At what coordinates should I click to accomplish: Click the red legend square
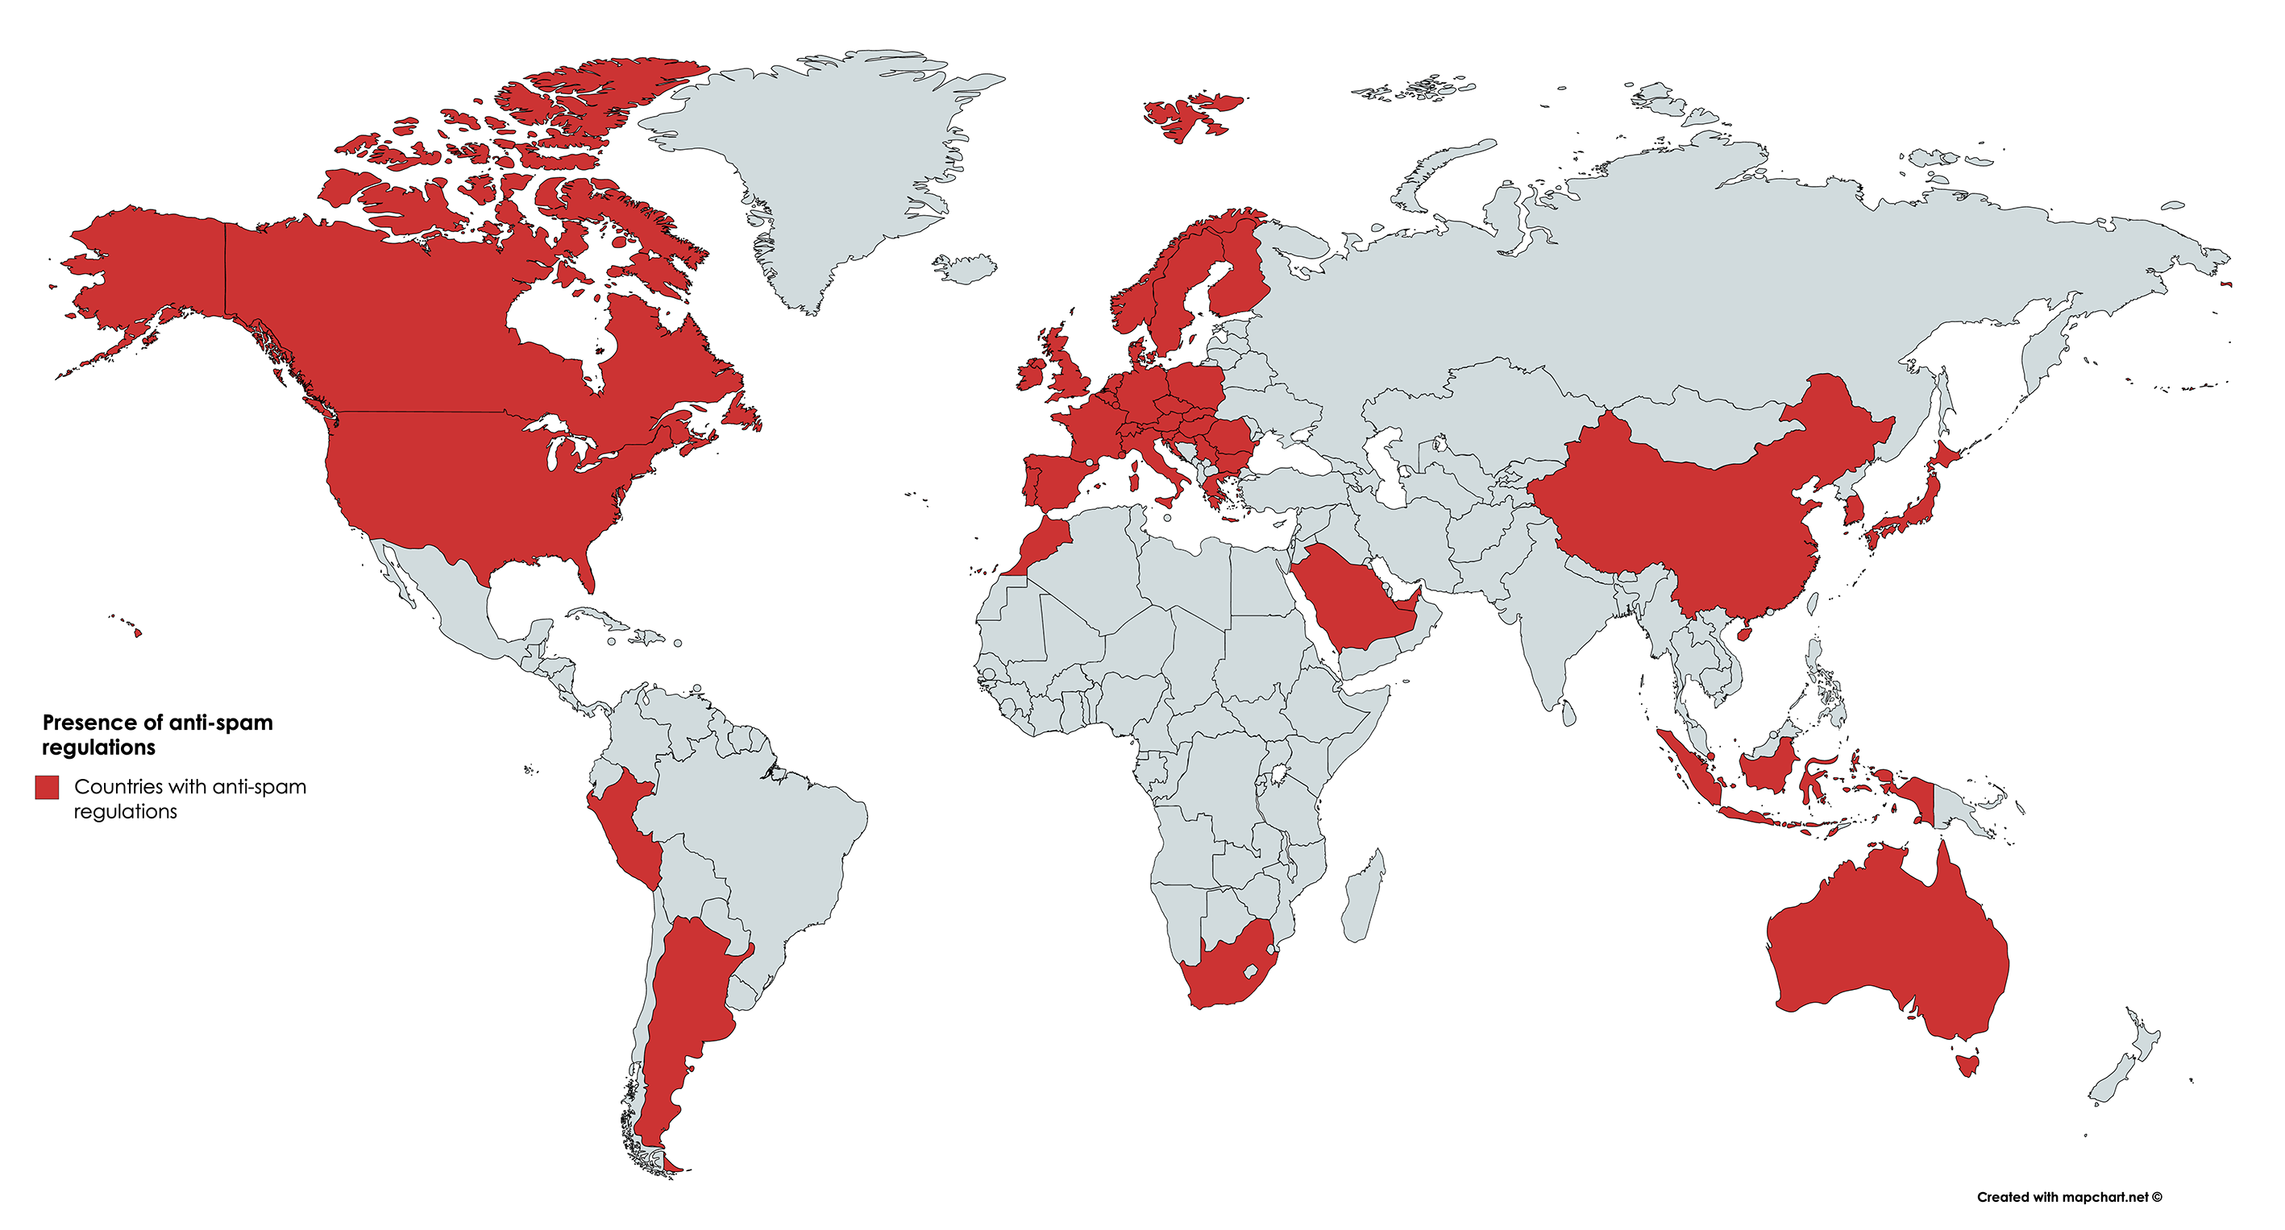click(x=47, y=787)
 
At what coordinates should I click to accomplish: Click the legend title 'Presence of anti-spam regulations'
click(x=157, y=735)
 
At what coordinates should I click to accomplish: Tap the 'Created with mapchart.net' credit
click(x=2068, y=1197)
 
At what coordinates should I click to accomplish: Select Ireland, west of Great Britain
click(x=1032, y=373)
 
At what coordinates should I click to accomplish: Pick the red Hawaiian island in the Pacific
click(x=138, y=632)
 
